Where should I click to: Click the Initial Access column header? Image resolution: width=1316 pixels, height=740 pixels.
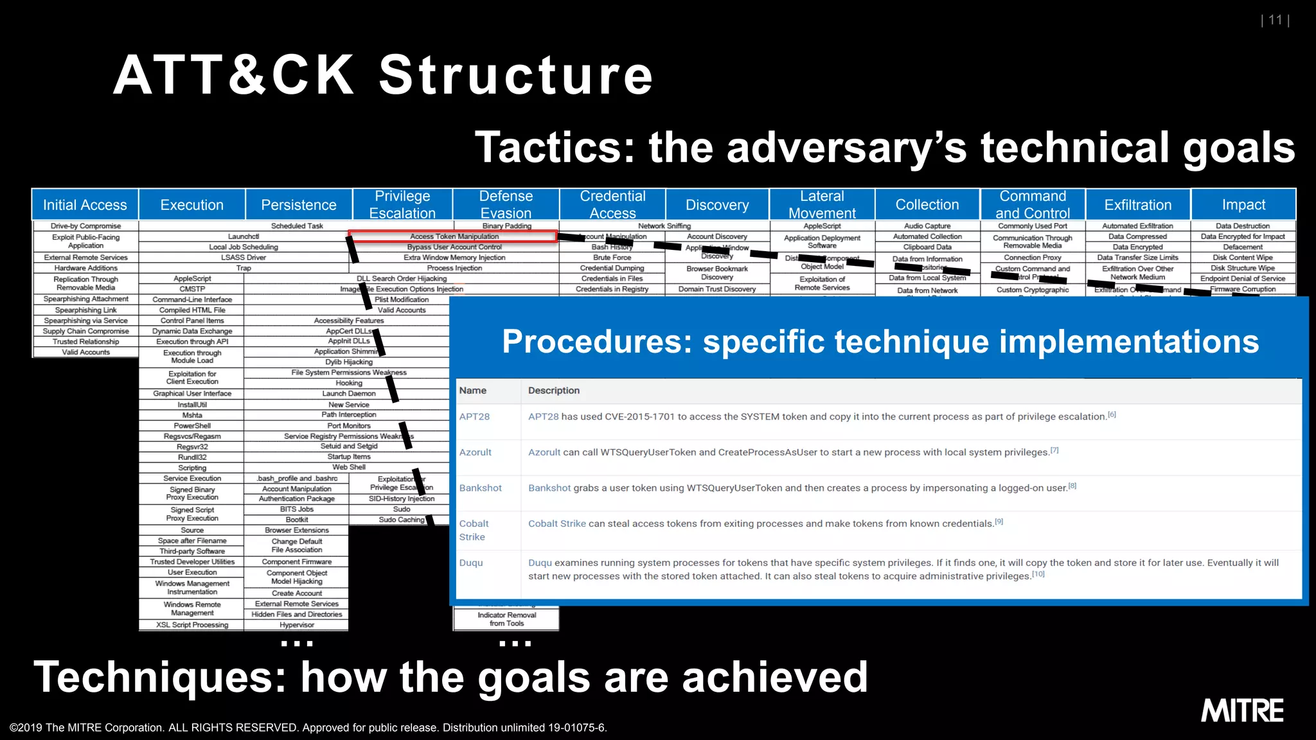85,205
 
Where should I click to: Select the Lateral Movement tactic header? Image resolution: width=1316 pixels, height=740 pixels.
822,204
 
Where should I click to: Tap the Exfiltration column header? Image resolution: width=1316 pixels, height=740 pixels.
1137,205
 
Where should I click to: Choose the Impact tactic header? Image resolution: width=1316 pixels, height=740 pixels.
1243,205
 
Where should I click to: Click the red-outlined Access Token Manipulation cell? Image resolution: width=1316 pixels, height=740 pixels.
454,236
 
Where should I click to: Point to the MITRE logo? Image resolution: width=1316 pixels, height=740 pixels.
1242,711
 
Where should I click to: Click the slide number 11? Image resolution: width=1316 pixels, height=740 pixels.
1275,20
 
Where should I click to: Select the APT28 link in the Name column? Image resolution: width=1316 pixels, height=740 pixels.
474,416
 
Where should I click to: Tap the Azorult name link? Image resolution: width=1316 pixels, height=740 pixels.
475,452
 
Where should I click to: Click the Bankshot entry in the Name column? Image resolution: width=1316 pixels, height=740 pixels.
480,488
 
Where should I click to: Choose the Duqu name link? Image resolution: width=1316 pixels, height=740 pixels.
470,563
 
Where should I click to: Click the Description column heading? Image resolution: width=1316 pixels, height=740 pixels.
553,391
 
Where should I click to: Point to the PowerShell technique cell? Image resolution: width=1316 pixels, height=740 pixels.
192,426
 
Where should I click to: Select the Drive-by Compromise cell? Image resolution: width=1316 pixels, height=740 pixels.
85,226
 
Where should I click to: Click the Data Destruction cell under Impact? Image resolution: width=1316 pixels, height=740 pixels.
1243,226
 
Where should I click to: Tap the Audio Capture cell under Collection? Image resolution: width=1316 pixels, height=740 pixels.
927,226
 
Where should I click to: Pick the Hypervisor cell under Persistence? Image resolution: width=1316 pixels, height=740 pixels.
297,625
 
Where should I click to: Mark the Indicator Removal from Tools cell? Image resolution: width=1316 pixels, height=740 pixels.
506,619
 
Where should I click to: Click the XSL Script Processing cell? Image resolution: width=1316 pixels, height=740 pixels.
192,625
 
